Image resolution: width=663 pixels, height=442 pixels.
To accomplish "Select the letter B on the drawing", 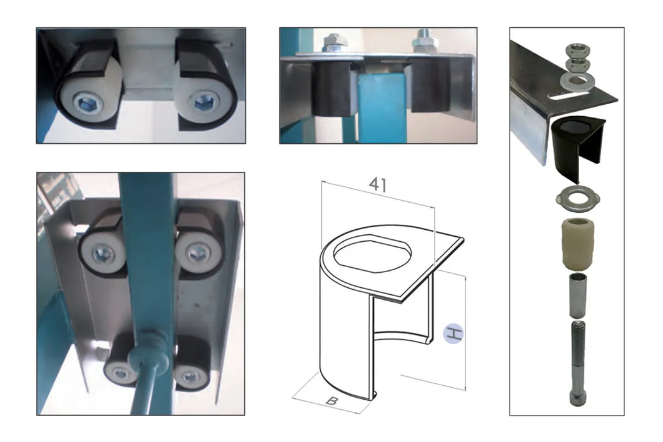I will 330,400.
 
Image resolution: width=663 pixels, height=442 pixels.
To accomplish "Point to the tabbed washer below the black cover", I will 577,198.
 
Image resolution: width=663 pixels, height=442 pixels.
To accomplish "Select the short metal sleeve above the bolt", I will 576,294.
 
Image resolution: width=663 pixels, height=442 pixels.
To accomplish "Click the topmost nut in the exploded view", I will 575,49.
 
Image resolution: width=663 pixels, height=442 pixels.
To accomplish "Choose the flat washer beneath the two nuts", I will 576,81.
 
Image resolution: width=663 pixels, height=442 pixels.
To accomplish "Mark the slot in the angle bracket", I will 571,98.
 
